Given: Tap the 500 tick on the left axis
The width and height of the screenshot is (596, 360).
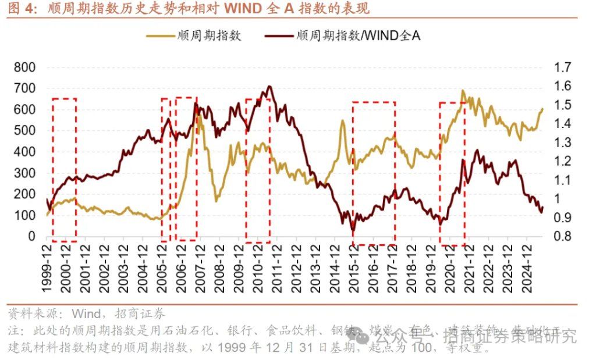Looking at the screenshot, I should pyautogui.click(x=24, y=131).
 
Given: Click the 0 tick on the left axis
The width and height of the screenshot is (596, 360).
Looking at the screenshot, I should pyautogui.click(x=31, y=237).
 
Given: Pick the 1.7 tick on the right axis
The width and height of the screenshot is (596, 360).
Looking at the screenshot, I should pyautogui.click(x=563, y=67).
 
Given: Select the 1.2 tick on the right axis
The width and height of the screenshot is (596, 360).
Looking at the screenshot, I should pyautogui.click(x=563, y=161).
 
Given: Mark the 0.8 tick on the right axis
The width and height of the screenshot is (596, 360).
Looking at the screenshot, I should pyautogui.click(x=563, y=237).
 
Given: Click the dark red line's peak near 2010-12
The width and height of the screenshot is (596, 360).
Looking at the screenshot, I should pyautogui.click(x=268, y=87).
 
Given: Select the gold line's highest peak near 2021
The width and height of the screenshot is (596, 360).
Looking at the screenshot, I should pyautogui.click(x=463, y=91).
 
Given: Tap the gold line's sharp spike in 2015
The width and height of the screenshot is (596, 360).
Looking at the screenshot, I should pyautogui.click(x=342, y=121).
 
